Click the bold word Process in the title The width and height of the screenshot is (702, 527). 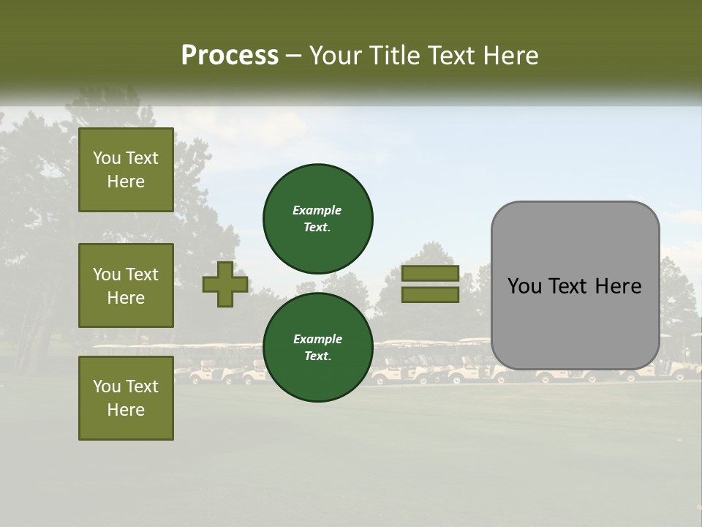(x=230, y=56)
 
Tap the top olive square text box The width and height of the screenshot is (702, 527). (x=126, y=170)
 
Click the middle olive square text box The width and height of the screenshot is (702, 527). (x=126, y=285)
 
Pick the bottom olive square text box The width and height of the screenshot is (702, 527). (x=126, y=398)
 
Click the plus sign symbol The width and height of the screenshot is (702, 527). (x=225, y=284)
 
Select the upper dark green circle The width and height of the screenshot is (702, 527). (x=317, y=218)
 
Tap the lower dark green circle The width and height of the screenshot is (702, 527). (x=317, y=347)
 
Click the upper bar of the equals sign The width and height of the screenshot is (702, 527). (x=430, y=273)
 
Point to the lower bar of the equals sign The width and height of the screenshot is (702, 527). (x=430, y=294)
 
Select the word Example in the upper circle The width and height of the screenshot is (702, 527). (x=317, y=210)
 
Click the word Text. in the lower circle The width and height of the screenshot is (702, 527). (x=317, y=356)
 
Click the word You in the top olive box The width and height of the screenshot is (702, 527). (x=107, y=158)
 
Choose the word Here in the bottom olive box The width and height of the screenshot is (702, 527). (x=126, y=410)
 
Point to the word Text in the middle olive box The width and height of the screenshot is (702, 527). (x=142, y=274)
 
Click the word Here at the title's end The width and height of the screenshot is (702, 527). (x=510, y=56)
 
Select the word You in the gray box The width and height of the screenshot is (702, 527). (x=524, y=286)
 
